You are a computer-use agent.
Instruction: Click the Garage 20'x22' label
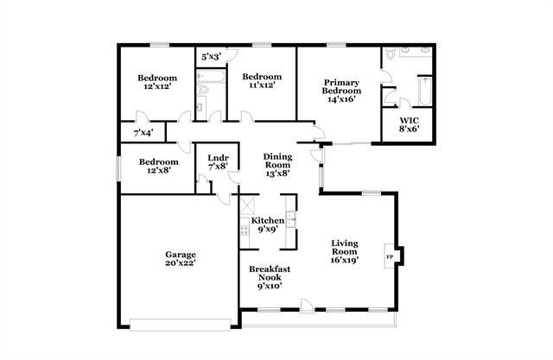(x=181, y=260)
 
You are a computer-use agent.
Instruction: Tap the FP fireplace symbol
(x=390, y=257)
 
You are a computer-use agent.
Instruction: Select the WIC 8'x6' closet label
(x=410, y=125)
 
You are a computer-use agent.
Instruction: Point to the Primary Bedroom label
(x=340, y=91)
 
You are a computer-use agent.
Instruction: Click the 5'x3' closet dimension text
(x=211, y=56)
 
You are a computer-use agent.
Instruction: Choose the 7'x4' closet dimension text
(x=143, y=133)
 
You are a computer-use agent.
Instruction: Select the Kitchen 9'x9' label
(x=268, y=225)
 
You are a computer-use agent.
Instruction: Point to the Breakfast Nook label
(x=270, y=276)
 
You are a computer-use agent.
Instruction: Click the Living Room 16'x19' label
(x=345, y=251)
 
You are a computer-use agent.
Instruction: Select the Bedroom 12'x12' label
(x=157, y=82)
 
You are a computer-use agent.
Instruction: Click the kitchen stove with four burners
(x=245, y=231)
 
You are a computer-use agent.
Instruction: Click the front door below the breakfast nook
(x=303, y=306)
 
